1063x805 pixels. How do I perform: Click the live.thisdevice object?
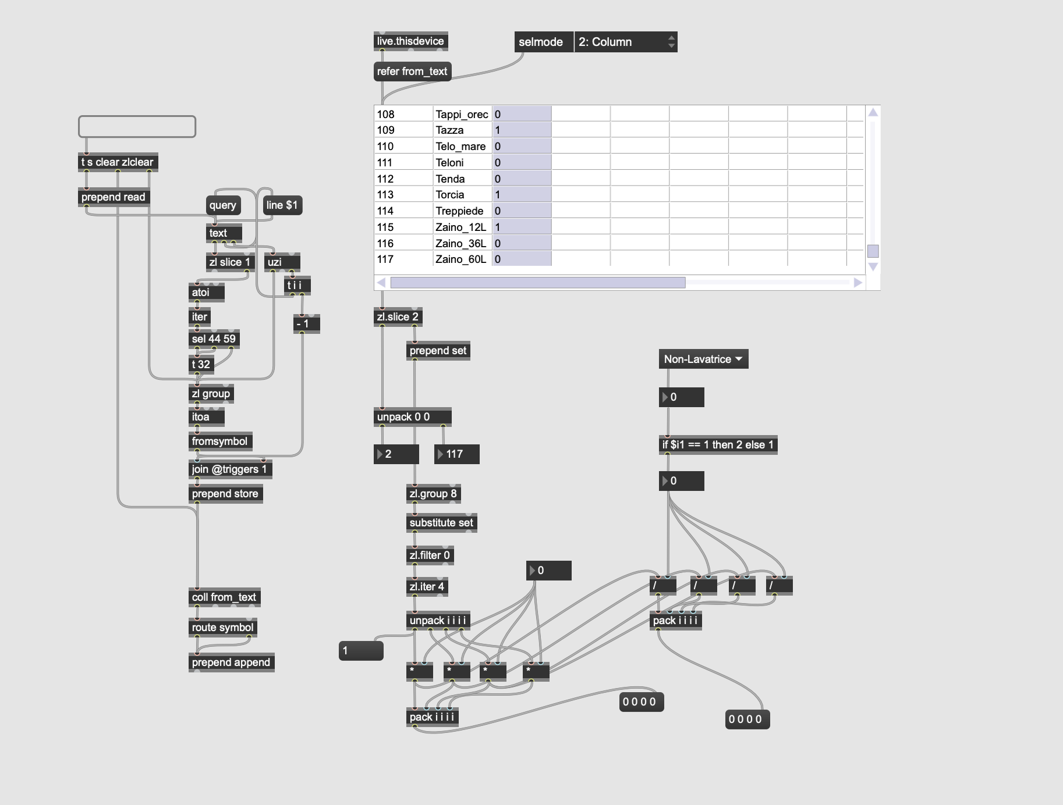[410, 41]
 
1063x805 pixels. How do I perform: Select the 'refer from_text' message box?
[412, 72]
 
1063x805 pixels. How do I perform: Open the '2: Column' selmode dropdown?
[625, 42]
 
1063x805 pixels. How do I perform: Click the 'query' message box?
[223, 205]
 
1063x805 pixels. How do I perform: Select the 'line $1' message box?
[282, 205]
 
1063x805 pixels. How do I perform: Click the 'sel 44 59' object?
[214, 339]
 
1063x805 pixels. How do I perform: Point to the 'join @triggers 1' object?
[230, 469]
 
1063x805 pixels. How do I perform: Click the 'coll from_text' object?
[224, 597]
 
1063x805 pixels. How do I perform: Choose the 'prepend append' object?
[231, 662]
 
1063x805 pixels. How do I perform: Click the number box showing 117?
[457, 454]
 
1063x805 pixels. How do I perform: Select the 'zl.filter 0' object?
[430, 555]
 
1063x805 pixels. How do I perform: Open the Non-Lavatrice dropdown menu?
[703, 359]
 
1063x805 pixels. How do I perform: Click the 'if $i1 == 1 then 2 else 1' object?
[718, 445]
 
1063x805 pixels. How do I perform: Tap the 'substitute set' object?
[441, 523]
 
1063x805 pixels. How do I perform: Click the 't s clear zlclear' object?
[118, 162]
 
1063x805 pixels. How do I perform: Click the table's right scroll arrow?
[858, 283]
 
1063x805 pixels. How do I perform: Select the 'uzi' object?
[282, 262]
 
